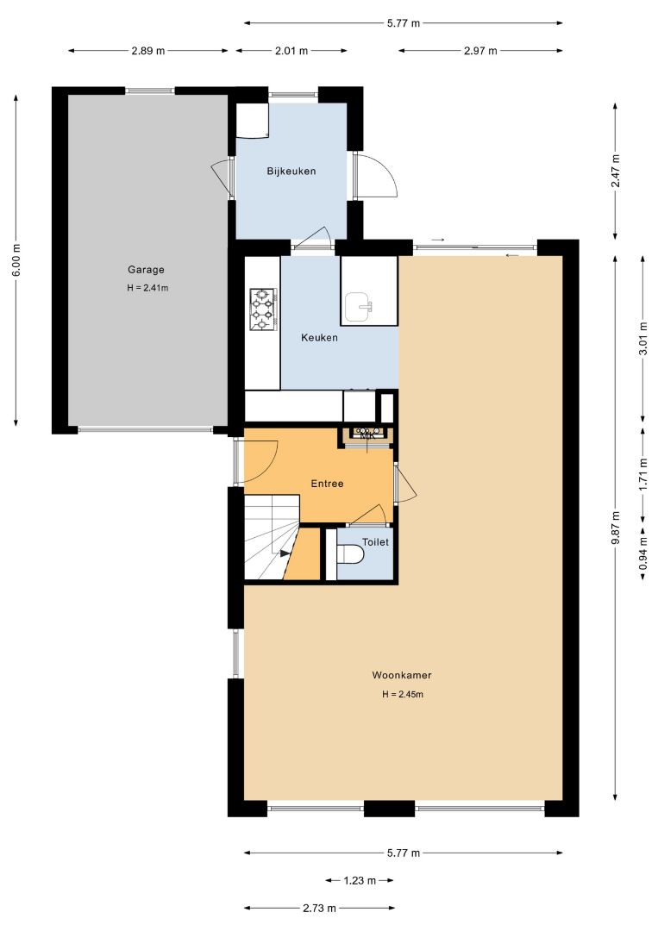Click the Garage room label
coord(146,270)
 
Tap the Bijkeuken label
coord(291,171)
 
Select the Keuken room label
coord(319,337)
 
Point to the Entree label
coord(327,484)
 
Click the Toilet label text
coord(375,541)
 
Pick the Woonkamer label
coord(402,674)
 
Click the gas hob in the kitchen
coord(261,309)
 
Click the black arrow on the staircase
coord(285,553)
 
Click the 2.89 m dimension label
coord(147,51)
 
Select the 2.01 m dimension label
coord(291,51)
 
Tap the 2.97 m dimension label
coord(480,51)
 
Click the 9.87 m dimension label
coord(615,528)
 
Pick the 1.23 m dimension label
coord(360,880)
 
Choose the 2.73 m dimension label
coord(319,908)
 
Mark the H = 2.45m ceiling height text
coord(402,694)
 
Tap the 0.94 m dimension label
coord(642,550)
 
